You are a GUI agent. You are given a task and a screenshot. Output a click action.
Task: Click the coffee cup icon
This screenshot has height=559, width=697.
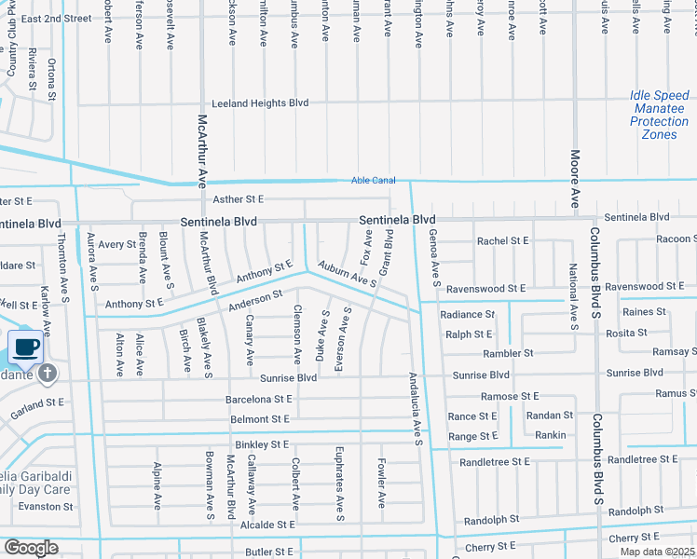coord(26,348)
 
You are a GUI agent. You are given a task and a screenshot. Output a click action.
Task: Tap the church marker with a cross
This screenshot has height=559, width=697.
coord(48,375)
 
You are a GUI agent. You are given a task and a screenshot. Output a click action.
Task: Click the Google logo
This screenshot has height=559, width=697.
coord(30,548)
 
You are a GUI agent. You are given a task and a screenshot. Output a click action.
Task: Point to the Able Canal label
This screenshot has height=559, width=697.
coord(373,181)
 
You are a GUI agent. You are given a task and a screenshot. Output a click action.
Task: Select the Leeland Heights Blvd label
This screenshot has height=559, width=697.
coord(260,103)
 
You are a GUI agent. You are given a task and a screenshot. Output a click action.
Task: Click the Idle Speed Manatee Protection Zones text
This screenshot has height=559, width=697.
coord(660,116)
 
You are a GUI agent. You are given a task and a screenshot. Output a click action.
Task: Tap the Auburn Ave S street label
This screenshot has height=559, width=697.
coord(346,274)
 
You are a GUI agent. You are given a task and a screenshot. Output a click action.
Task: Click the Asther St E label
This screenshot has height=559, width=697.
coord(239,199)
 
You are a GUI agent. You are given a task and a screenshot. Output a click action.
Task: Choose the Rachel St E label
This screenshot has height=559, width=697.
coord(502,240)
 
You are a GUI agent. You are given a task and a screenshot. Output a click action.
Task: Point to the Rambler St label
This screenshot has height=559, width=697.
coord(508,353)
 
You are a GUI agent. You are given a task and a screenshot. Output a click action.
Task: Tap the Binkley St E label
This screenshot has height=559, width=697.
coord(262,444)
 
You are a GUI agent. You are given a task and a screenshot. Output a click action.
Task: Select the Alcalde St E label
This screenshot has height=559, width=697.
coord(266,525)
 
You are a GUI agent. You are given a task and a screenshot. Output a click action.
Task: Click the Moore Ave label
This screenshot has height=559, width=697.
coord(575,179)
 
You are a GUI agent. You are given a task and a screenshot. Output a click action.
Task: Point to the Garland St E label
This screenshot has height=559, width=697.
coord(36,402)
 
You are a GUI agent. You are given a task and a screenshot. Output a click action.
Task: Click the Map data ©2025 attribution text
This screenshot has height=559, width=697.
coord(658,552)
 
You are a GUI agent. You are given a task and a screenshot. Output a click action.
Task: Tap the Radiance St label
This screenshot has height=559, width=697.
coord(467,315)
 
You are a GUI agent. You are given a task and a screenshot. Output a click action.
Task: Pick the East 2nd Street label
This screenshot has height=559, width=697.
coord(56,18)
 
